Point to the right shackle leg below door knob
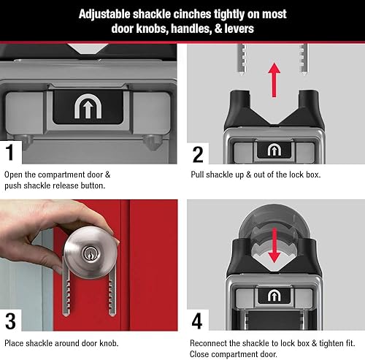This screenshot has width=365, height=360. pos(112,292)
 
